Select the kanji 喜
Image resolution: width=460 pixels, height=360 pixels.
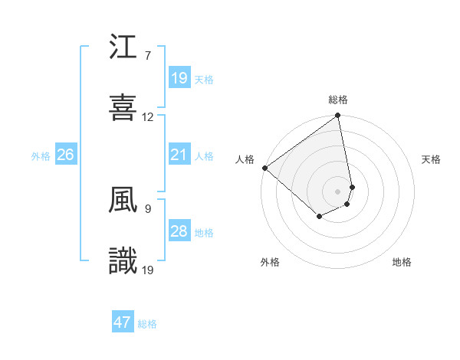(x=123, y=106)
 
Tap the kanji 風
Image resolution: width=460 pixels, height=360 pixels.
(x=123, y=201)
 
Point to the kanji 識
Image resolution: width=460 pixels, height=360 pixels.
(x=123, y=261)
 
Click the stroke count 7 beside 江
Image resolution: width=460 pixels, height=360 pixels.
(x=147, y=56)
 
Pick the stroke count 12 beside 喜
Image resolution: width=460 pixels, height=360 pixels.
(x=148, y=117)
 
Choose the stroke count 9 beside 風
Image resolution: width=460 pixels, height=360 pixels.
(x=147, y=208)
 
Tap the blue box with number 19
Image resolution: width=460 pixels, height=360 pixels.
(x=179, y=78)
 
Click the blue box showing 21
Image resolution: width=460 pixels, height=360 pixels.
(x=179, y=155)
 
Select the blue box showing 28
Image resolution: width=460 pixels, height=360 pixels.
(x=179, y=231)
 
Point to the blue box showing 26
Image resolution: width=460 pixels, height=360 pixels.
(x=66, y=155)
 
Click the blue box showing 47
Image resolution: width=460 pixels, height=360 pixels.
(x=123, y=322)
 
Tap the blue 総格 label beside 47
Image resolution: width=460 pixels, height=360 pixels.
(x=147, y=324)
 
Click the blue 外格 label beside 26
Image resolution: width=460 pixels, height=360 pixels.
(x=41, y=156)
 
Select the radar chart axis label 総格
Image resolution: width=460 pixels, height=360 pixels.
(x=338, y=100)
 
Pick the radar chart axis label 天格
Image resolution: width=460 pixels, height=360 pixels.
(x=431, y=159)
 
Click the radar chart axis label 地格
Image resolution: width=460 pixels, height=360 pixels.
(x=402, y=262)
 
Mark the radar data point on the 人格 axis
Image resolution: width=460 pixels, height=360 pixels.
(x=264, y=168)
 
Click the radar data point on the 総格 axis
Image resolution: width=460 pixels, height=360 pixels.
(x=338, y=116)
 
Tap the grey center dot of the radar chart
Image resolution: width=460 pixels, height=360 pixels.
(x=338, y=191)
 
